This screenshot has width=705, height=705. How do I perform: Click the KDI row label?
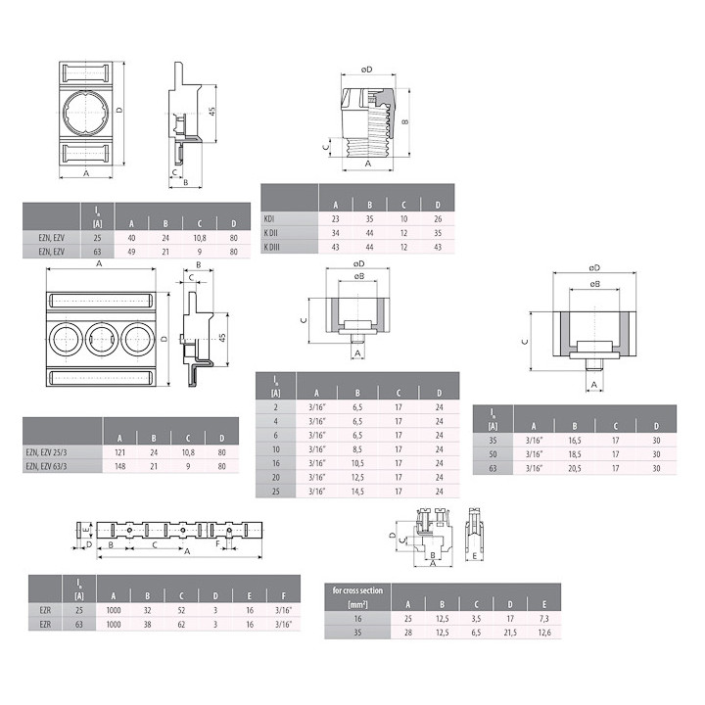(269, 219)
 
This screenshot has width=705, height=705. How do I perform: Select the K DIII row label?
(271, 247)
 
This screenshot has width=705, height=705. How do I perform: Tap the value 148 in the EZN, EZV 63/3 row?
(120, 466)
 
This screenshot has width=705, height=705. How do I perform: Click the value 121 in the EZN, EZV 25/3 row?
(120, 452)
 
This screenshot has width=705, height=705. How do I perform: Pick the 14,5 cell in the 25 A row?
(357, 492)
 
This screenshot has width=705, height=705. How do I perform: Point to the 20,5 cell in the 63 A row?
(575, 468)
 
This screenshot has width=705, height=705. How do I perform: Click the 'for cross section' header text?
(357, 590)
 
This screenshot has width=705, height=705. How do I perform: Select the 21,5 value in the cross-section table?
(510, 633)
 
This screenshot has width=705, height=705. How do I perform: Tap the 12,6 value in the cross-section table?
(544, 633)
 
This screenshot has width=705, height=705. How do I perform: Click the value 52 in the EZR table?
(181, 610)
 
